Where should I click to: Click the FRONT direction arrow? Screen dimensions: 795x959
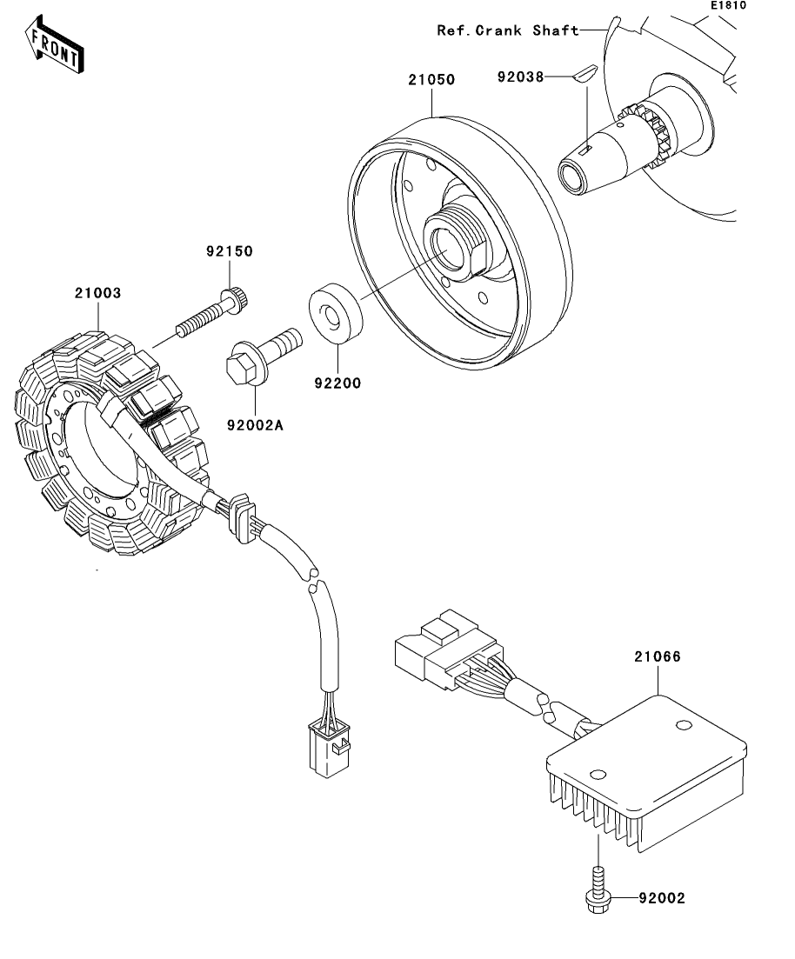point(55,44)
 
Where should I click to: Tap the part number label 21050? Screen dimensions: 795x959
point(432,79)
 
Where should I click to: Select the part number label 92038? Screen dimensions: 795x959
point(520,77)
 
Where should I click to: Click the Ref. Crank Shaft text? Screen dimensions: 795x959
point(508,30)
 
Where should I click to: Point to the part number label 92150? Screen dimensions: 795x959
point(230,251)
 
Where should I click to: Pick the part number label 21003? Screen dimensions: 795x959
point(98,293)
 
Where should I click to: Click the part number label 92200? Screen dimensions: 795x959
point(337,383)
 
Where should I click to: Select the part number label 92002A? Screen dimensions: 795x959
point(255,425)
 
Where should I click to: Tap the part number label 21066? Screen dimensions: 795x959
point(658,656)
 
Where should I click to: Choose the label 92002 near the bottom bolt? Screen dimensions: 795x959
point(662,898)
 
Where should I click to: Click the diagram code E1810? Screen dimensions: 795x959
point(728,5)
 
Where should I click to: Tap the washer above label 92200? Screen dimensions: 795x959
point(336,314)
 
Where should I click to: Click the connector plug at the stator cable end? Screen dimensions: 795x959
point(328,748)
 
